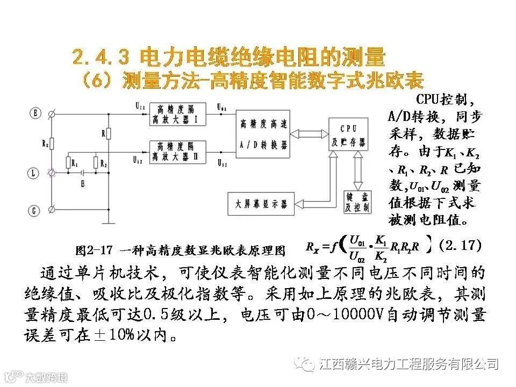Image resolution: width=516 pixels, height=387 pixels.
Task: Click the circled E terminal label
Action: coord(36,113)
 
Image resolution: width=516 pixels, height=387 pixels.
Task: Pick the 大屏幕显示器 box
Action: coord(260,204)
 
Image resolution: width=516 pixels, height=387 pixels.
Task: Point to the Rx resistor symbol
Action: coord(52,144)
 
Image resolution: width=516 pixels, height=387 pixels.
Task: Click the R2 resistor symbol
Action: coord(96,163)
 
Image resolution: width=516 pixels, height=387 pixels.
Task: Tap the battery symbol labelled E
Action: coord(82,173)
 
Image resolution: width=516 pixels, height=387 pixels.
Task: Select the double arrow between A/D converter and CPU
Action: coord(309,134)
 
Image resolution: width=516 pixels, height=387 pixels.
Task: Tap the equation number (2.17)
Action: coord(459,246)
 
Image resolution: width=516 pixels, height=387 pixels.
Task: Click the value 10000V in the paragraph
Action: coord(354,313)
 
